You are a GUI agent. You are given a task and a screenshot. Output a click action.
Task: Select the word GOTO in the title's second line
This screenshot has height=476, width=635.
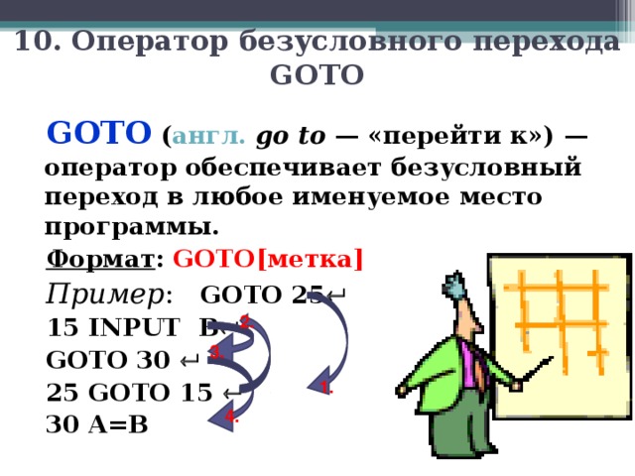coord(317,75)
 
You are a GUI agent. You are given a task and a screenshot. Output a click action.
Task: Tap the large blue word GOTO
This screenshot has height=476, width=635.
coord(99,133)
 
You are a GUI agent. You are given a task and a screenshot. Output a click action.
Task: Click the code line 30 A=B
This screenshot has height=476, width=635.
coord(96,422)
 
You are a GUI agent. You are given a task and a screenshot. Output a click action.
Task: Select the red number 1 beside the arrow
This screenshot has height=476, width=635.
coord(324,387)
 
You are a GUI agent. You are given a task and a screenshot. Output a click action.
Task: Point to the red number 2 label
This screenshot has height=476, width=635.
coord(245,320)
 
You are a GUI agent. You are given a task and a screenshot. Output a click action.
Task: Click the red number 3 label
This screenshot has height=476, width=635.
coord(215,350)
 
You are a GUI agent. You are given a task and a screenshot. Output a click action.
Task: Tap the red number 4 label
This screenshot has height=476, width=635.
coord(229,417)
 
